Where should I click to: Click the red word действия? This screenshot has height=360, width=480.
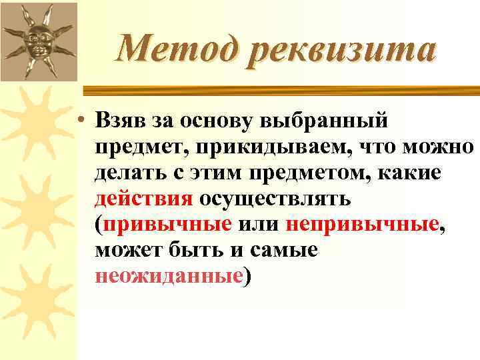click(x=144, y=198)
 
